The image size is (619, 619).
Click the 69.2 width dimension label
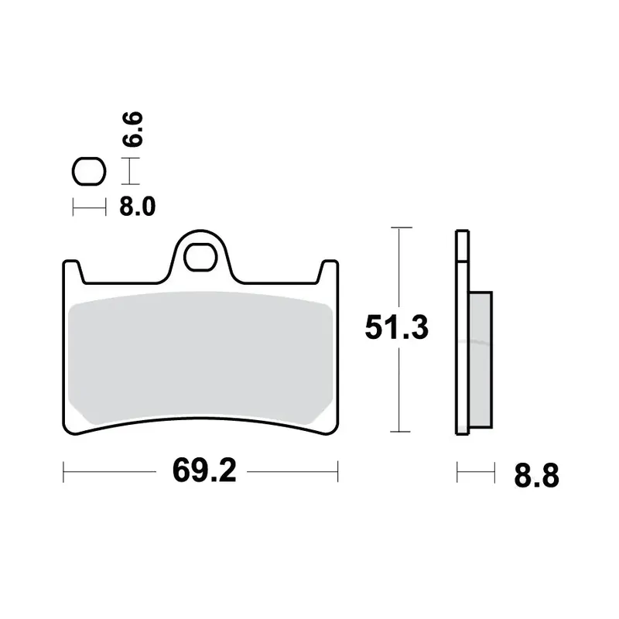pyautogui.click(x=204, y=470)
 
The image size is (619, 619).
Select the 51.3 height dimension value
pyautogui.click(x=396, y=327)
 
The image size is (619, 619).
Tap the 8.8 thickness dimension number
pyautogui.click(x=536, y=475)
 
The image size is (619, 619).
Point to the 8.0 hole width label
pyautogui.click(x=138, y=206)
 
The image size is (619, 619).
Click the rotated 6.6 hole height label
pyautogui.click(x=132, y=129)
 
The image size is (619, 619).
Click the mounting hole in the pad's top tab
pyautogui.click(x=200, y=257)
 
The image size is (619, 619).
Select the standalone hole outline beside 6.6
pyautogui.click(x=89, y=171)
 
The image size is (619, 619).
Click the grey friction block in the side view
pyautogui.click(x=480, y=359)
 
